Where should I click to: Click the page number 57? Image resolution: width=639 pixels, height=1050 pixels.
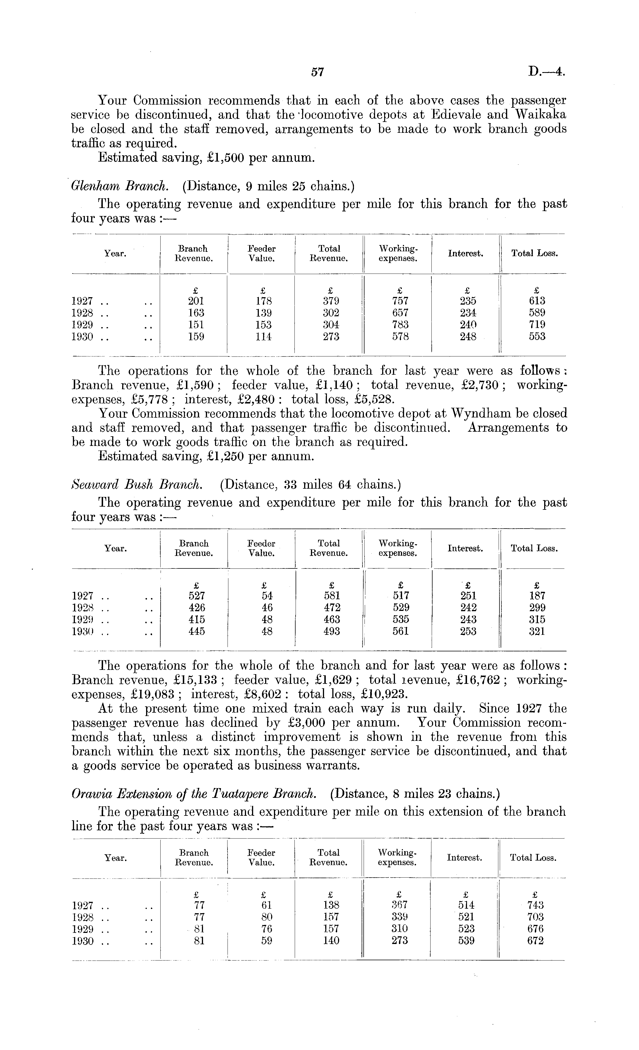click(x=318, y=72)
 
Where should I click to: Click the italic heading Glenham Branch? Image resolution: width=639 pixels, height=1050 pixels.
click(x=120, y=186)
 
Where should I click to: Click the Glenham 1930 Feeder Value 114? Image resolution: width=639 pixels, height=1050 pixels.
click(x=263, y=337)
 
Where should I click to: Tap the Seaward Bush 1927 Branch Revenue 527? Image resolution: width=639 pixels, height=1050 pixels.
click(x=196, y=596)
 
